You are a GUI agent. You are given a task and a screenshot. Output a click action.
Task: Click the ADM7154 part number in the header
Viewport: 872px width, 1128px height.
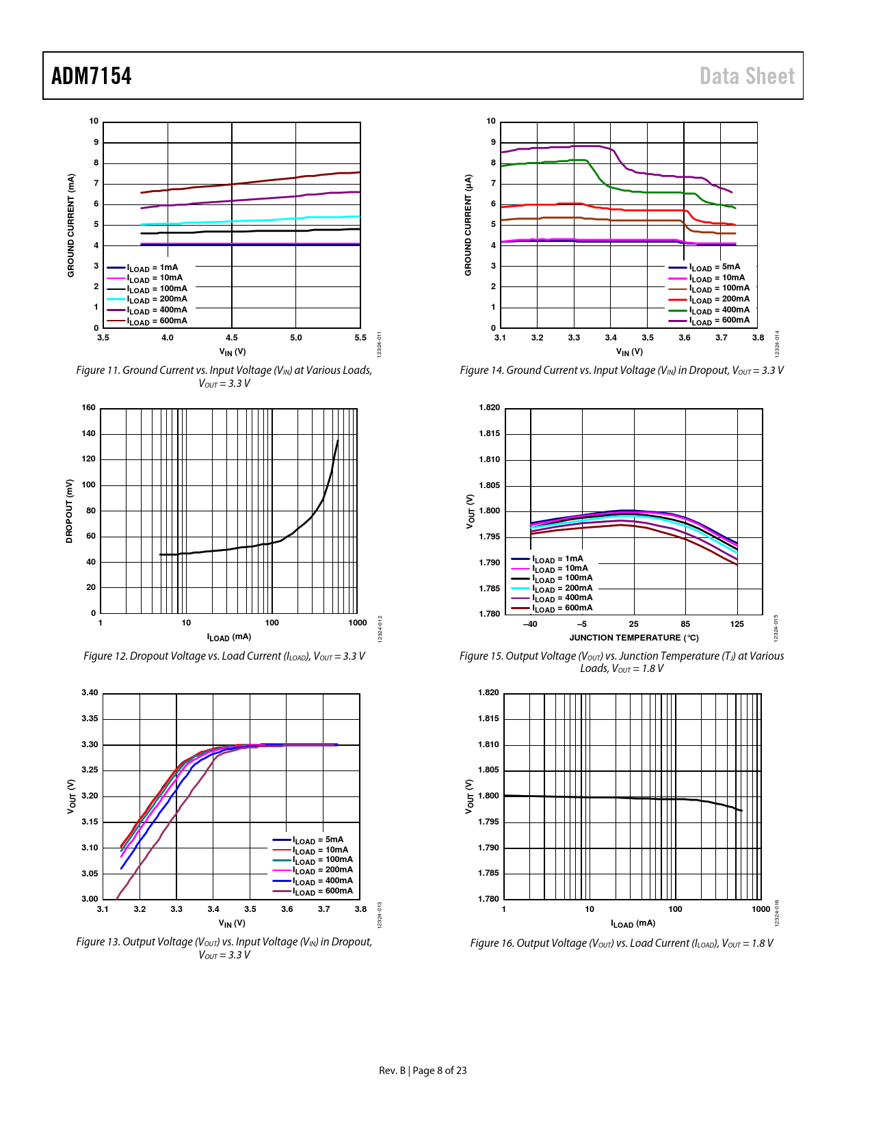pos(92,76)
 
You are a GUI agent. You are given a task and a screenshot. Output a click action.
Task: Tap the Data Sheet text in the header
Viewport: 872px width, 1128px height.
pos(747,76)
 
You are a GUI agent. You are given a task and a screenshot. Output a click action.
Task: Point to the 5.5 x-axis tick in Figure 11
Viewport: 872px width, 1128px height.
pos(360,338)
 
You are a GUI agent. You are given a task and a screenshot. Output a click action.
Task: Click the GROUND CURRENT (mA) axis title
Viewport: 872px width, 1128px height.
pos(70,226)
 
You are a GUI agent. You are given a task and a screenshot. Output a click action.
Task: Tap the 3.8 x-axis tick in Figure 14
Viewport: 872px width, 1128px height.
pos(758,338)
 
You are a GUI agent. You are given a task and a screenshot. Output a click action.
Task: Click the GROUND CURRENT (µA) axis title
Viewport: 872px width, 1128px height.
pos(468,226)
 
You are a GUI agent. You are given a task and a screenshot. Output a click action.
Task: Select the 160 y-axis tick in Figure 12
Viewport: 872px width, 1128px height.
pos(89,407)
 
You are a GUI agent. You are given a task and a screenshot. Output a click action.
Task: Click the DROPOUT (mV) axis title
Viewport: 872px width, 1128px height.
pos(69,511)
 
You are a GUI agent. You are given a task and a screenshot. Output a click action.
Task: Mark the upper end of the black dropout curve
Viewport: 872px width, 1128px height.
pos(338,440)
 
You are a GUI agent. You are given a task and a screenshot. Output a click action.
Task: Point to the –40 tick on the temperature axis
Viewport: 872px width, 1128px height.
pos(530,624)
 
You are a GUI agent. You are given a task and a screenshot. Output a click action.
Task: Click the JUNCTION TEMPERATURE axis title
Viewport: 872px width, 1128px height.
pos(634,638)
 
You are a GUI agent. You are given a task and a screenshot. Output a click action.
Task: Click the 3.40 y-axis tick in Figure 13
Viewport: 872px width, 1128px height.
pos(90,693)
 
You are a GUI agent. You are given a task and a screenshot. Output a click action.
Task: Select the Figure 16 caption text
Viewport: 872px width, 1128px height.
pos(622,943)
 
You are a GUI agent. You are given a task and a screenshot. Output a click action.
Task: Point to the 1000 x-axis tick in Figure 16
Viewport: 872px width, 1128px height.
pos(761,909)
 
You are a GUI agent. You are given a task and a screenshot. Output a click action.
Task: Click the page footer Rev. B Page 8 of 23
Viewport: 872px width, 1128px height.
pos(423,1071)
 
